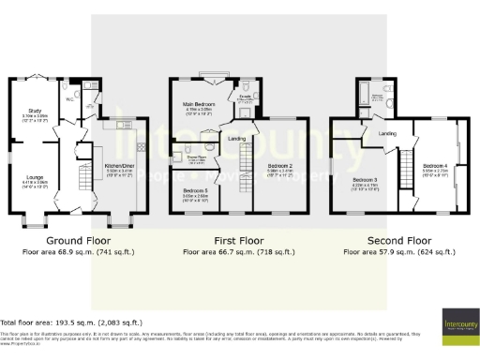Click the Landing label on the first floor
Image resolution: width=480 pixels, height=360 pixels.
click(x=237, y=139)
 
